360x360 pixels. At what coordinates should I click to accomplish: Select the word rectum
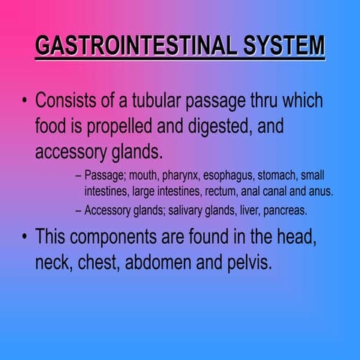(x=224, y=191)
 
